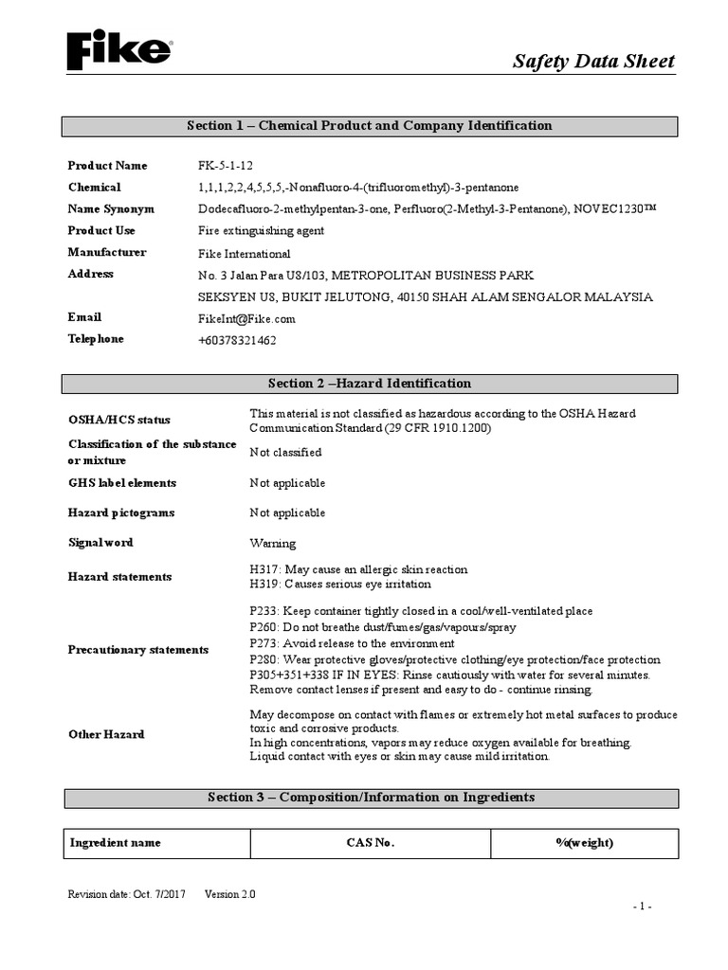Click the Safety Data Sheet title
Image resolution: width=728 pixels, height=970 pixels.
point(593,62)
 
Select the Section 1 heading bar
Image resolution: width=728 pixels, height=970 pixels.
point(370,126)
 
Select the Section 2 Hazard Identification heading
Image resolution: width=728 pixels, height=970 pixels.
point(370,384)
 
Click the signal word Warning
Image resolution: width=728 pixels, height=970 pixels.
point(272,544)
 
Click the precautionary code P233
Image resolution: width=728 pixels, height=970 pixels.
point(264,611)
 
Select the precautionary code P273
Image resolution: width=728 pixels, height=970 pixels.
point(264,643)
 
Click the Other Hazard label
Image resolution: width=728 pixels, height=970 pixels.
point(106,734)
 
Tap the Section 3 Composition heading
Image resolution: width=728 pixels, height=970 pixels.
point(370,798)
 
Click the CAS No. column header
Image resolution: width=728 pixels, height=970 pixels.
point(370,842)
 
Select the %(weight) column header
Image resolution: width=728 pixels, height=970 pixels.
point(584,842)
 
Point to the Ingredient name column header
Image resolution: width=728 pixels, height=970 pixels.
point(116,842)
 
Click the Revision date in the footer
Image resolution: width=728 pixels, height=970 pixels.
point(127,894)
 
